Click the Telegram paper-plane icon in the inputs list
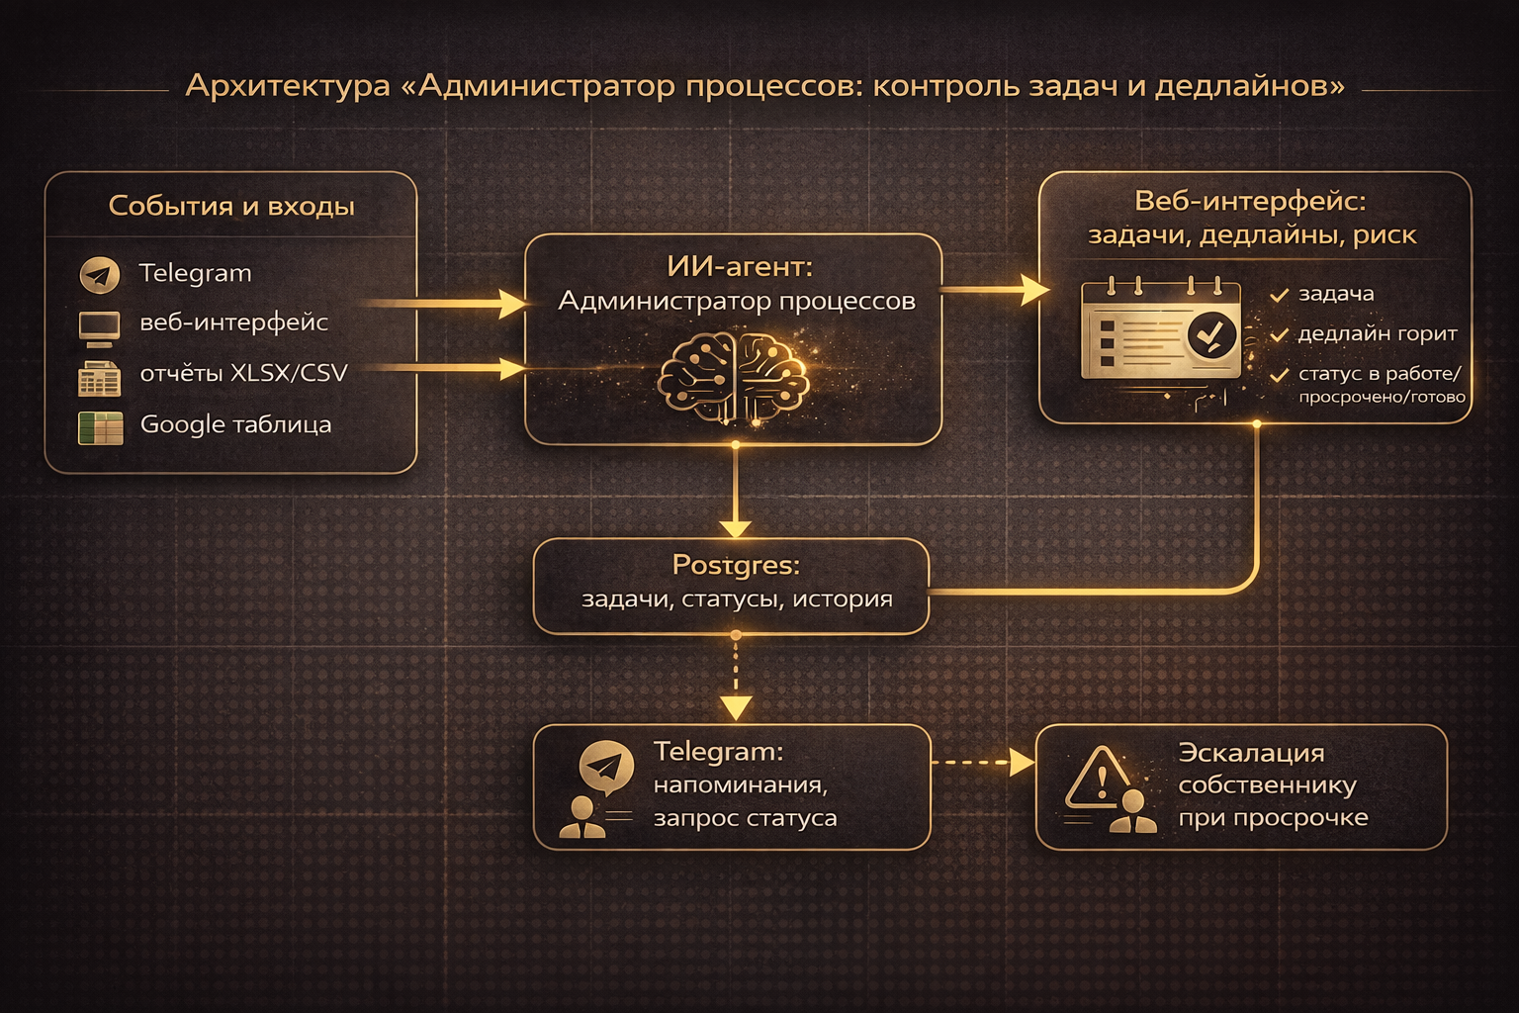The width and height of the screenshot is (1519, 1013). (x=100, y=275)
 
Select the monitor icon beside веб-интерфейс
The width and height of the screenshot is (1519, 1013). (x=99, y=326)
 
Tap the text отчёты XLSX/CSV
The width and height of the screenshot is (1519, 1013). (x=243, y=373)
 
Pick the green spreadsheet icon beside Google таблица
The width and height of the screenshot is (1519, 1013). (x=100, y=427)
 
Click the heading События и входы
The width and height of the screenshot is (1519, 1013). (x=231, y=206)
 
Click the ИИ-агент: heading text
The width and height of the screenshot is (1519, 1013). (x=739, y=266)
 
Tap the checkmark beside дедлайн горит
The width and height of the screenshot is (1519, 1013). (x=1279, y=335)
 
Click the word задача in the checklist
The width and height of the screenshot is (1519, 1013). (x=1335, y=294)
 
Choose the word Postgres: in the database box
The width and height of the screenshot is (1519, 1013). (x=736, y=565)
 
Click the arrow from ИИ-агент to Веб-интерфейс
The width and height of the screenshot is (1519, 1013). (x=993, y=290)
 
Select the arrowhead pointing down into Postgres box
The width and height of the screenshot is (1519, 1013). (x=735, y=526)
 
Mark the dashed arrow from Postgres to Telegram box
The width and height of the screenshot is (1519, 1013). (x=736, y=679)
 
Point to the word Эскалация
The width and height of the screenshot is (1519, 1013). (x=1251, y=753)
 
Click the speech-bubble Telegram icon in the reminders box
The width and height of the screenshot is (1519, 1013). (x=606, y=768)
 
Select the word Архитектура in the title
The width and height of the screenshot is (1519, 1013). (x=288, y=86)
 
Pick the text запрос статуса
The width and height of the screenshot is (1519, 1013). (x=745, y=818)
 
